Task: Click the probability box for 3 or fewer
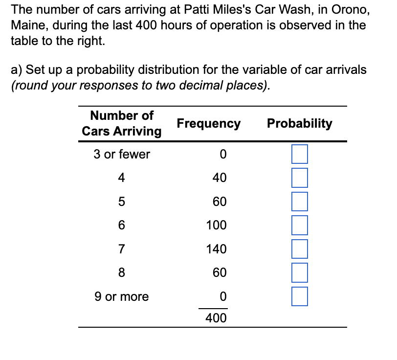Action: tap(300, 154)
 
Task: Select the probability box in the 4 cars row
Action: tap(300, 178)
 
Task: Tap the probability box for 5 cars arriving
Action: tap(300, 201)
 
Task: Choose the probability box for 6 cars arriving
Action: tap(300, 225)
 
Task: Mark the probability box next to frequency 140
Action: tap(300, 248)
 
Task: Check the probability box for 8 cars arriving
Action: tap(300, 272)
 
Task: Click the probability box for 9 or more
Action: tap(300, 296)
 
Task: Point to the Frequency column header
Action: tap(209, 123)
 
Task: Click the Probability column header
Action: tap(299, 123)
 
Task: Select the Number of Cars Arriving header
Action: tap(122, 123)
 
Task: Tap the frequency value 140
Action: tap(216, 249)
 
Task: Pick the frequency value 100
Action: tap(216, 225)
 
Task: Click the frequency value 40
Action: tap(220, 178)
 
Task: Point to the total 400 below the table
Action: tap(216, 318)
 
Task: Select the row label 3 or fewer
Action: tap(122, 155)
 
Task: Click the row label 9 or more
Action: tap(121, 296)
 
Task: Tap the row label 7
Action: tap(121, 249)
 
